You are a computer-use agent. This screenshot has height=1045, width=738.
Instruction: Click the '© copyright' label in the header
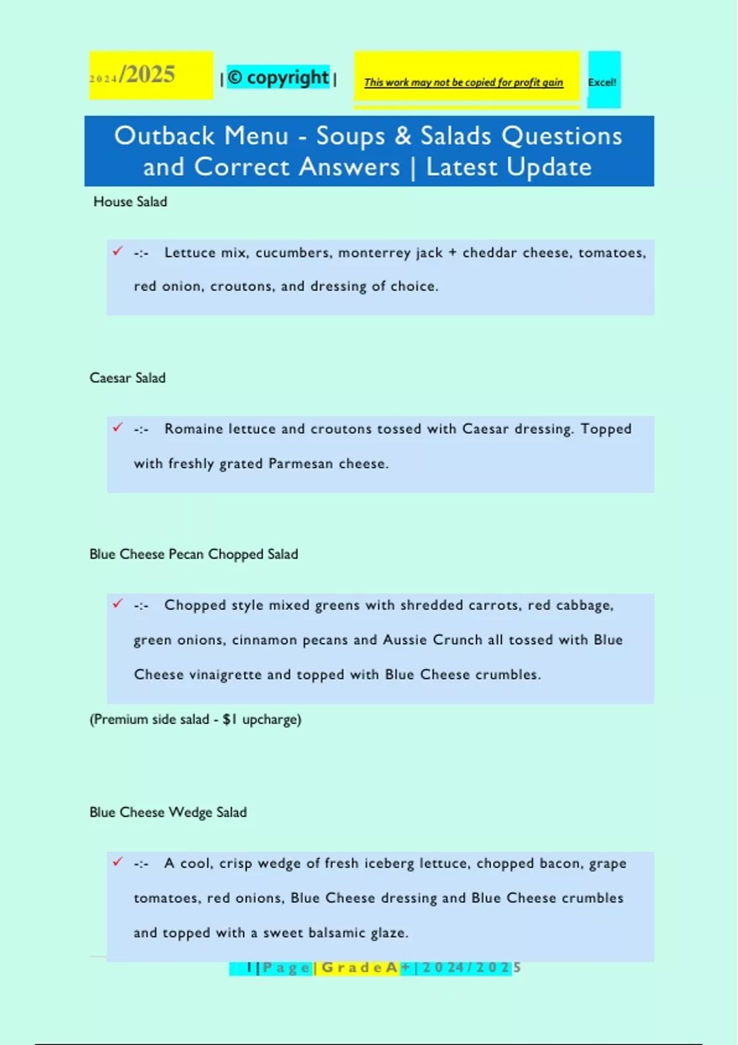click(279, 77)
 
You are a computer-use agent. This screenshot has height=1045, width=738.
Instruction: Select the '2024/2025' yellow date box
click(150, 75)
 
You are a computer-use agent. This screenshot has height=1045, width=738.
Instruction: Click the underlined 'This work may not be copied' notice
click(463, 82)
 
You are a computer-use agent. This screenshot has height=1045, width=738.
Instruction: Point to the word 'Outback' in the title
click(164, 136)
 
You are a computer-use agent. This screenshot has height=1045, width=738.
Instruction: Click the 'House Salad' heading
click(130, 202)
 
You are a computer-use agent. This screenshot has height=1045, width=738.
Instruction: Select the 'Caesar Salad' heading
click(127, 378)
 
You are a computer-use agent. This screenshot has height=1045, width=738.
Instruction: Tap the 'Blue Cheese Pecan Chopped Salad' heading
click(194, 554)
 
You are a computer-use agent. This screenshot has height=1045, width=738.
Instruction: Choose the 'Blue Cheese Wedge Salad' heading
click(168, 812)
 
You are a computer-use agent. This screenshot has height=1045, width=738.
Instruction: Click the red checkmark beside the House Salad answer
click(117, 251)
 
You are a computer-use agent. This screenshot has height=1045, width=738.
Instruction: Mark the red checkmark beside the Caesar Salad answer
click(117, 427)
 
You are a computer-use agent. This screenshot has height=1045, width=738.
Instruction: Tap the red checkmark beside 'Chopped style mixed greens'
click(117, 604)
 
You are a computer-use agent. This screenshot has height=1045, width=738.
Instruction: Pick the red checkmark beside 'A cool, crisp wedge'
click(117, 862)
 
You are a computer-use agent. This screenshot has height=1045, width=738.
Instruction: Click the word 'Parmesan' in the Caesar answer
click(301, 463)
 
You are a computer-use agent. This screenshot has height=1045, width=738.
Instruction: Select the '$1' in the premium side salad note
click(229, 719)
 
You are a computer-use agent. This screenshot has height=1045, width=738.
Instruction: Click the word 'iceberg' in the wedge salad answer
click(389, 863)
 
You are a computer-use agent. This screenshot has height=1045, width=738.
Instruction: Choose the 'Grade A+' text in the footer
click(363, 968)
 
